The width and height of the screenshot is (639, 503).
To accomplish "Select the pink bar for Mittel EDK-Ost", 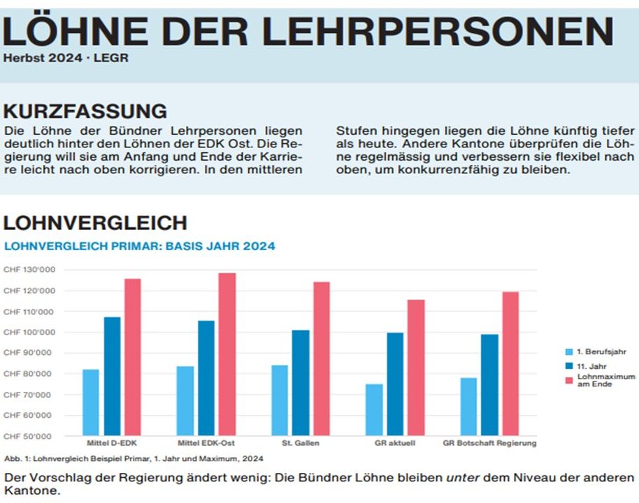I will tap(227, 354).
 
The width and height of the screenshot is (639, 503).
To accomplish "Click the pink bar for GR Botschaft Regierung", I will tap(510, 363).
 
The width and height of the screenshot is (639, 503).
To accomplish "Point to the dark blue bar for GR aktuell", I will tap(395, 384).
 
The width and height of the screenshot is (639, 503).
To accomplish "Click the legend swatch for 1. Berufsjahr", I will tap(569, 352).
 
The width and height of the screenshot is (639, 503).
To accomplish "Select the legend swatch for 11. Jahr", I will tap(569, 365).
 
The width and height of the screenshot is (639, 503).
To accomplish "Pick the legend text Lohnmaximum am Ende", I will tap(605, 380).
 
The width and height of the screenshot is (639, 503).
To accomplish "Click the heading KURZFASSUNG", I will tap(85, 112).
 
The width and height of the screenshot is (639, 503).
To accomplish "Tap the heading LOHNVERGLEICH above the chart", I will tap(95, 223).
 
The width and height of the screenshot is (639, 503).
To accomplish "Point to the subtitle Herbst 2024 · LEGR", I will tap(66, 58).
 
